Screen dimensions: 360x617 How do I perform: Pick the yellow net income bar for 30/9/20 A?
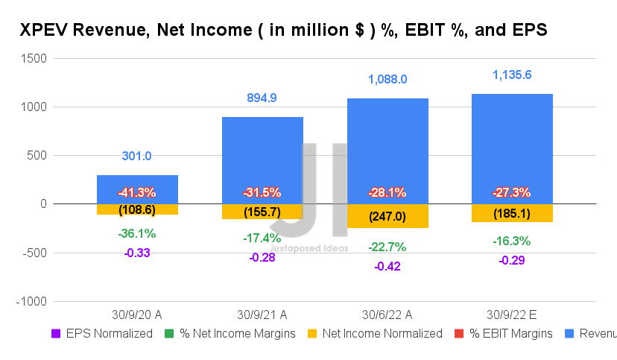pos(136,209)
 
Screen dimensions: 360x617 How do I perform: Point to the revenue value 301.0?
pos(136,156)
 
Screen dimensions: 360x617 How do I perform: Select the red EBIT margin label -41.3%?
pos(136,192)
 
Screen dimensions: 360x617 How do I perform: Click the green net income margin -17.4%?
pos(262,239)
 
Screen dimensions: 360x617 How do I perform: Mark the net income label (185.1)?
pos(511,213)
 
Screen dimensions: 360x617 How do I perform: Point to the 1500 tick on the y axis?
pos(34,58)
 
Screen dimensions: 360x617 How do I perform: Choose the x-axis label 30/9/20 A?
pos(136,313)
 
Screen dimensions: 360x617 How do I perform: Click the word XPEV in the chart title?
pos(44,31)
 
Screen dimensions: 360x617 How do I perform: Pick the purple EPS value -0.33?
pos(136,253)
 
